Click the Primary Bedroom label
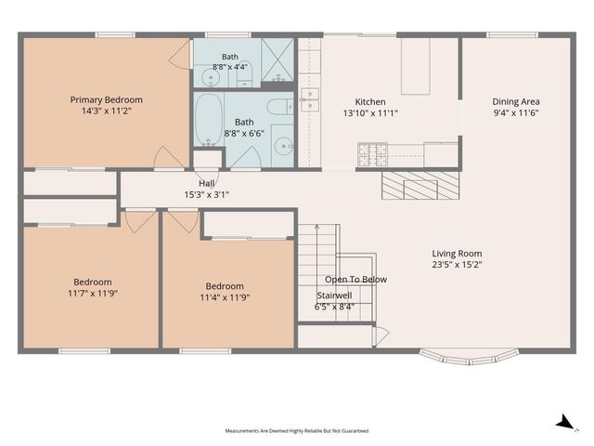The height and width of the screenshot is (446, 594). pos(107,99)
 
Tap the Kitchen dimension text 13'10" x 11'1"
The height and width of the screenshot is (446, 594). pos(370,113)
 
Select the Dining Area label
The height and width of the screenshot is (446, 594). pos(516,101)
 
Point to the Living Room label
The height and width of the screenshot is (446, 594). pos(457,254)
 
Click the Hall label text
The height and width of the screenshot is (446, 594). pos(206,184)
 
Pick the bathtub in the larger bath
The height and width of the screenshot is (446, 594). pos(208,120)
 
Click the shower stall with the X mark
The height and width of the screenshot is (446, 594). pos(278,59)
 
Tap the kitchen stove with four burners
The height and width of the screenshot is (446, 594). pos(372,155)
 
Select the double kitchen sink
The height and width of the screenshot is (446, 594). pos(310,99)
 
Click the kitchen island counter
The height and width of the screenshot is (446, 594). pos(416,66)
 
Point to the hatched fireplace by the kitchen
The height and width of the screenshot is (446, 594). pos(420,185)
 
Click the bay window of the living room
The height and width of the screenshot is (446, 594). pos(469,357)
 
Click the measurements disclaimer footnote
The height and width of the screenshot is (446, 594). pos(297,431)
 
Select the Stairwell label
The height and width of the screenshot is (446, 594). pos(334,295)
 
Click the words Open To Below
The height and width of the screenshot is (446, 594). pos(355,280)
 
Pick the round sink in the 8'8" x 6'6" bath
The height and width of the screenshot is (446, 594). pos(283,146)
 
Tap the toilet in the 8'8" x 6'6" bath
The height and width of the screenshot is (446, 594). pos(280,107)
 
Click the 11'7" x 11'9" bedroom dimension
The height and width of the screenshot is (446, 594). pos(93,294)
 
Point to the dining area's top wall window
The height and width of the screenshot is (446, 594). pos(511,35)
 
